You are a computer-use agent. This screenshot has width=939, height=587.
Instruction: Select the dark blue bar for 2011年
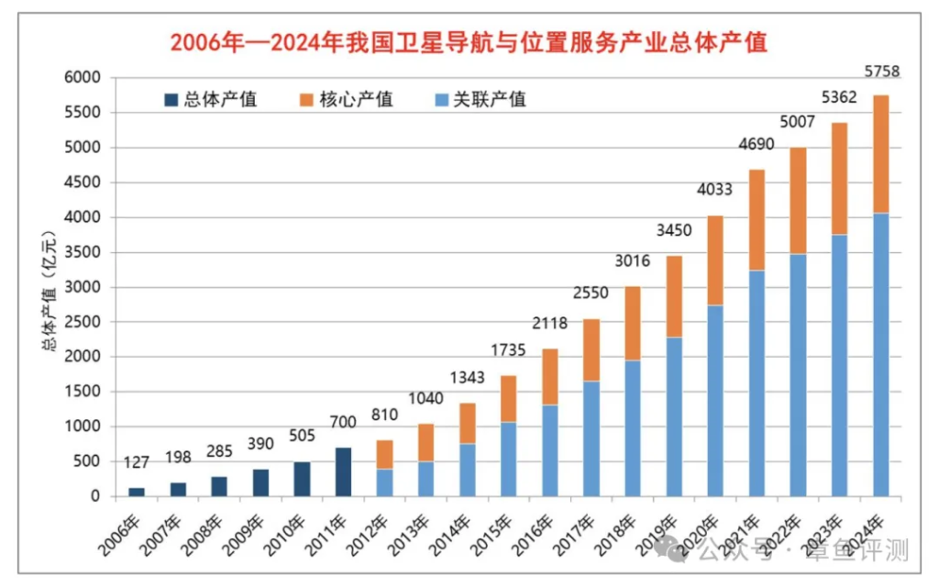pos(343,472)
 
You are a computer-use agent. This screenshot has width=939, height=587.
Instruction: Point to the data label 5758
pos(880,72)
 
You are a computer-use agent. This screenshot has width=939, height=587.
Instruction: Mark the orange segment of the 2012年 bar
pos(384,455)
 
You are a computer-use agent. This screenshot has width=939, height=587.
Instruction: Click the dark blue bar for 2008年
pos(220,486)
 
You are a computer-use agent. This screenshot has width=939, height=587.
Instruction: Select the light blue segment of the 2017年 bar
pos(591,438)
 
